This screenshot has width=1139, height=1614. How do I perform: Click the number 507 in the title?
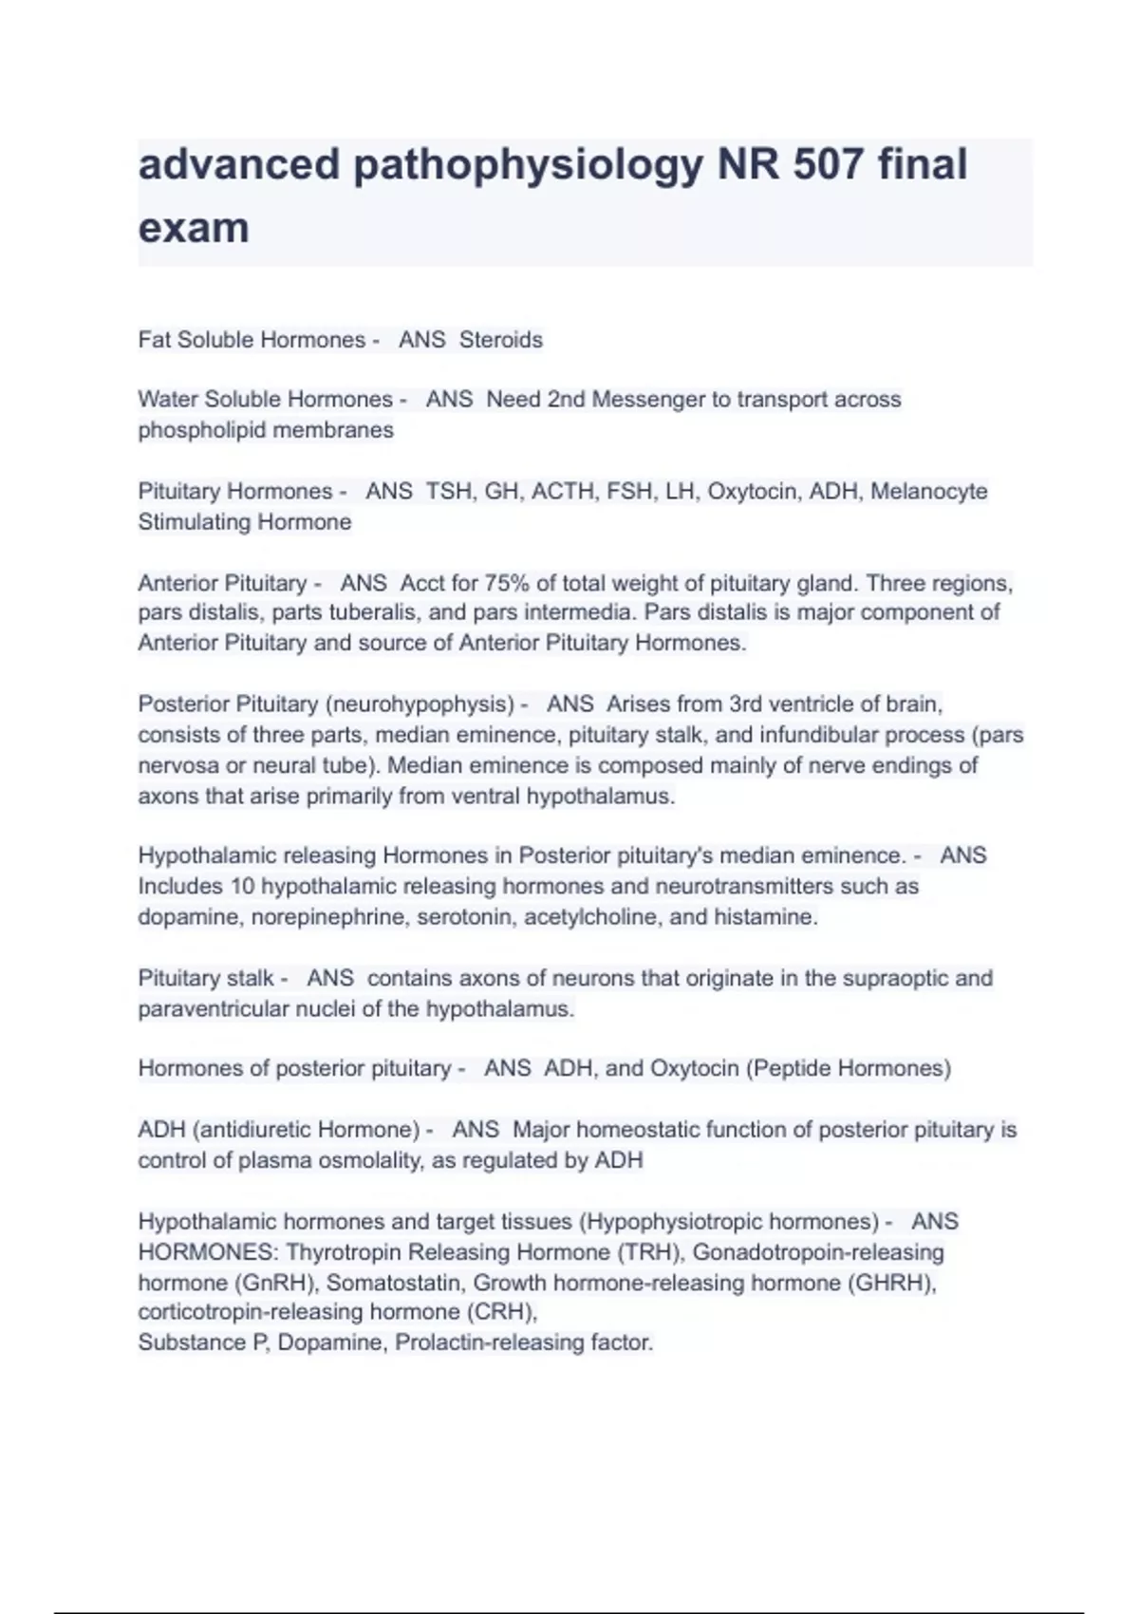829,164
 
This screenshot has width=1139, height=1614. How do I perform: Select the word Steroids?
500,340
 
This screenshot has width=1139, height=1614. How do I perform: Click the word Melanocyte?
928,492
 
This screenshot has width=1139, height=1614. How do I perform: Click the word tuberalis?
365,612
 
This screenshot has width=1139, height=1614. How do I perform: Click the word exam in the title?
194,228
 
